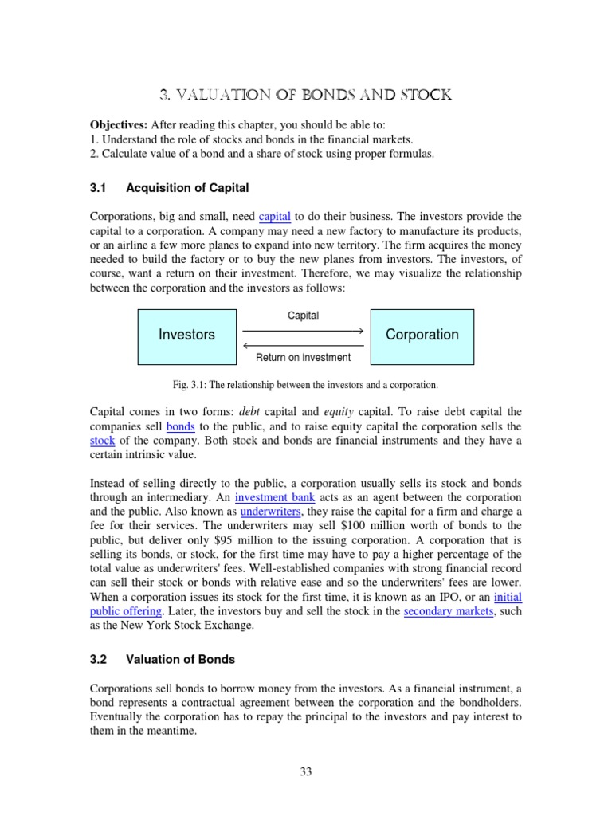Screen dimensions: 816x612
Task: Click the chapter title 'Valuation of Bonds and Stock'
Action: pos(305,95)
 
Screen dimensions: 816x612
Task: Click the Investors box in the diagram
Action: pos(186,335)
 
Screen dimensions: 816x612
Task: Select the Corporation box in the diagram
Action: pos(422,335)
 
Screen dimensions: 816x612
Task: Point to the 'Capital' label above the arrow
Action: pos(303,316)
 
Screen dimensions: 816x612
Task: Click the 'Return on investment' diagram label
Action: pos(303,358)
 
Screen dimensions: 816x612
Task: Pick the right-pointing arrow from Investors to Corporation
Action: pos(303,329)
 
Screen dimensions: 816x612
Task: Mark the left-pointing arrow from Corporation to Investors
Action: pos(303,345)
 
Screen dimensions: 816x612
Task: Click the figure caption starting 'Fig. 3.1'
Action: pos(305,385)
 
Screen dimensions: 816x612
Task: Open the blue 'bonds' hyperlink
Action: pos(180,426)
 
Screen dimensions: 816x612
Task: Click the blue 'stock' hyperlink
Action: pos(102,440)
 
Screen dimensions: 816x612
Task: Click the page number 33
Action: pos(305,771)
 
